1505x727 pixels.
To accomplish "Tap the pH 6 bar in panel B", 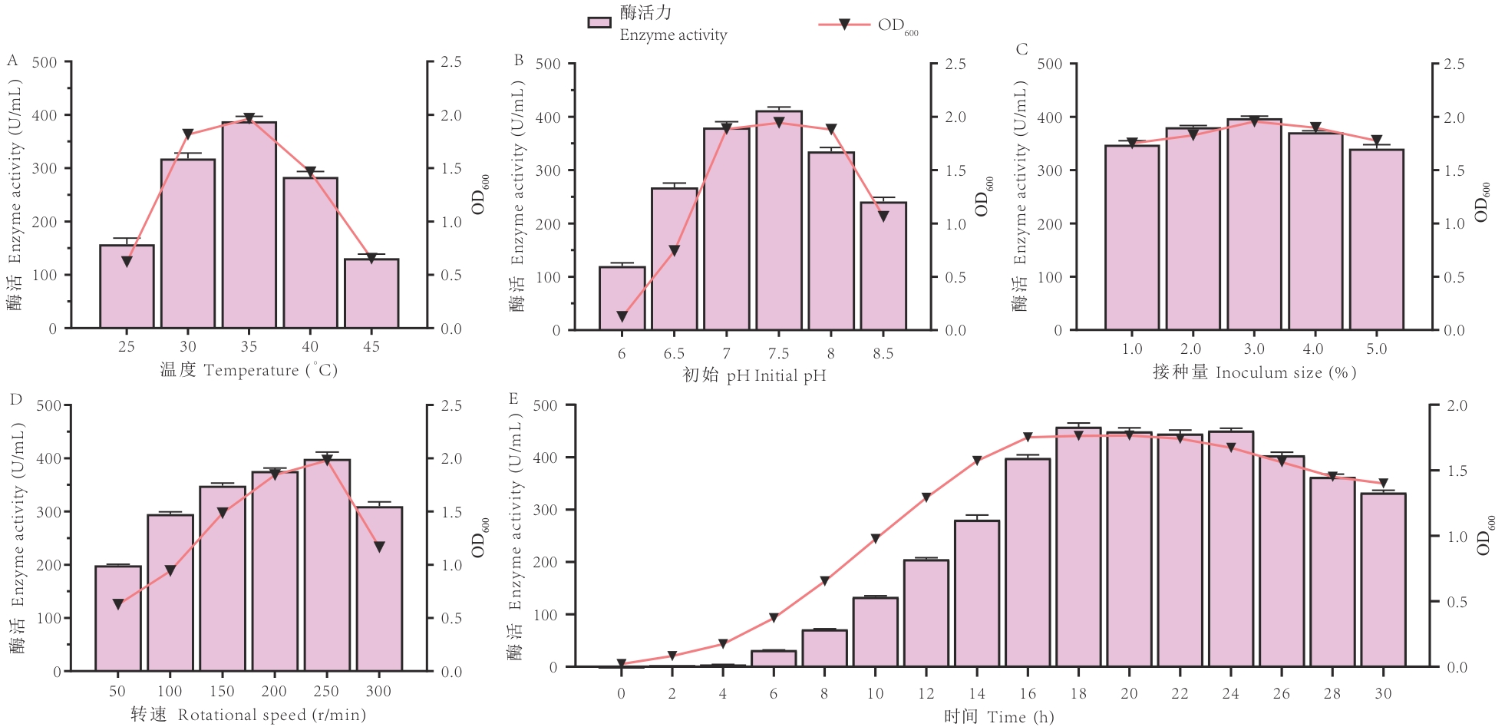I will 622,299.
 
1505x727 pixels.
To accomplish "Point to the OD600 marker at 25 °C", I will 127,261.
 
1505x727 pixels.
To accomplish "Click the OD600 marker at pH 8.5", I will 883,216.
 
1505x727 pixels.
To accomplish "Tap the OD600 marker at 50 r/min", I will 118,604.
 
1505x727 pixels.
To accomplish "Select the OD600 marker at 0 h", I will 622,663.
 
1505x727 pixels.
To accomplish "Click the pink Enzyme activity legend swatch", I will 599,23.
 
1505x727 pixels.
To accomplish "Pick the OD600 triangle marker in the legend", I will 843,25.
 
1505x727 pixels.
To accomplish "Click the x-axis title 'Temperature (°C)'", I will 248,370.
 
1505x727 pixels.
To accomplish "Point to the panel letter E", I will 513,398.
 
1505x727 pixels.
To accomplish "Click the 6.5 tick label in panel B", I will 674,354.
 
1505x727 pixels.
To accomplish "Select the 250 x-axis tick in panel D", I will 326,691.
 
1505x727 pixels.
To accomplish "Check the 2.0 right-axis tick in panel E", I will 1456,405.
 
